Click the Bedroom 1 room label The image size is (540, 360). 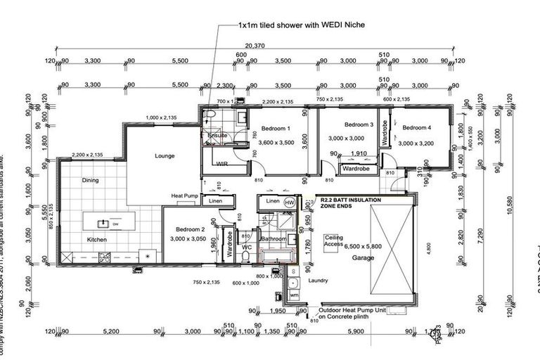[276, 129]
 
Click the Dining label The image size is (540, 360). [90, 180]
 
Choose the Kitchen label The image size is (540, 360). [97, 240]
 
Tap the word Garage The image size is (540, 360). [364, 258]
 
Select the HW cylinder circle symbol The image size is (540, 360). [289, 202]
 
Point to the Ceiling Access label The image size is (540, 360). [333, 241]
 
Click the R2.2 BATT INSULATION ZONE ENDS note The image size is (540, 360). [349, 203]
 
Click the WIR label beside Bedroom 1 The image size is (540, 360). [222, 163]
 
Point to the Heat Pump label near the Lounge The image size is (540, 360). [185, 195]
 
